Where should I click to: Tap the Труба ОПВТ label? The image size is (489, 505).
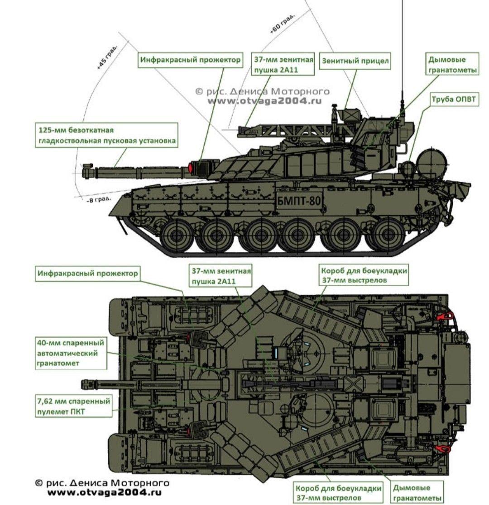click(x=453, y=99)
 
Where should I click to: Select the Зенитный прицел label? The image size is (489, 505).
click(x=355, y=61)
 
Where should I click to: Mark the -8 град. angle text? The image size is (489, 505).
click(x=99, y=199)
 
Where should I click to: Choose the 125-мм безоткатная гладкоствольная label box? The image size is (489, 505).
click(x=106, y=135)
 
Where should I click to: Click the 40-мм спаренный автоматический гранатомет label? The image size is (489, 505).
click(x=71, y=353)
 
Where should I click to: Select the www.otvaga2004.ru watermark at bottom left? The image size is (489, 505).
click(x=104, y=493)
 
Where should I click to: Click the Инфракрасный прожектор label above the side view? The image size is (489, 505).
click(x=190, y=60)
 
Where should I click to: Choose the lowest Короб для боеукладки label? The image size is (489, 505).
click(x=338, y=493)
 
